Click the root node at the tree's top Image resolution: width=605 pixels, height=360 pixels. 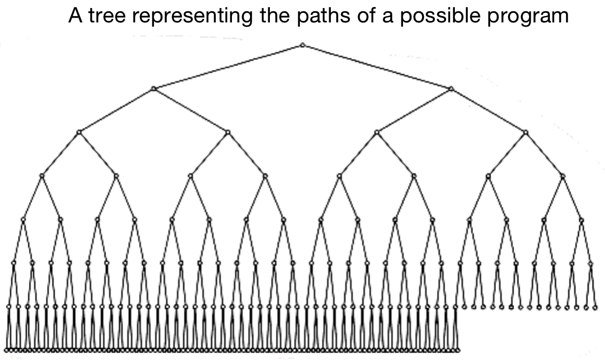(302, 45)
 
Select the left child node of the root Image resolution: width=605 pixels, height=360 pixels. (153, 88)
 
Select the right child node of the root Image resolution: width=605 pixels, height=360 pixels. (451, 88)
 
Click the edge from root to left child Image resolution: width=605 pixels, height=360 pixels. (228, 67)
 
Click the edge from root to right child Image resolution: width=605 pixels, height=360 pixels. (377, 67)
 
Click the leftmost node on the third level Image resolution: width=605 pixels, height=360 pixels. (79, 132)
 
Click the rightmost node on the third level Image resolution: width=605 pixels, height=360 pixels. (525, 132)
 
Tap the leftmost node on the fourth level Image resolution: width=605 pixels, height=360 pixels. (42, 175)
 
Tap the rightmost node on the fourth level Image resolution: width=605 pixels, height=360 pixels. (563, 175)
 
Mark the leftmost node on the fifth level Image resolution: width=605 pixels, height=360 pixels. (23, 219)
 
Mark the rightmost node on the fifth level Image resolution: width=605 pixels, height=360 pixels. (581, 219)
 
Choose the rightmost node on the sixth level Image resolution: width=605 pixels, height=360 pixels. (591, 263)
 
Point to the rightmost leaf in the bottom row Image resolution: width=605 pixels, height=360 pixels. (458, 350)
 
